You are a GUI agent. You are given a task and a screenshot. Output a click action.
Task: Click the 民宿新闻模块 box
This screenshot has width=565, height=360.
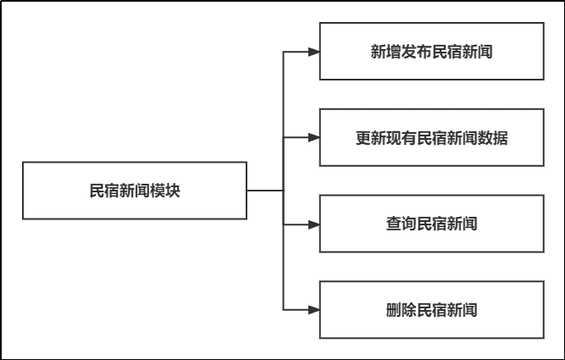tap(134, 191)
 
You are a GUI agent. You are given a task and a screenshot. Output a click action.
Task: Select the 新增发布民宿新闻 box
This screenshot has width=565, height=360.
tap(431, 52)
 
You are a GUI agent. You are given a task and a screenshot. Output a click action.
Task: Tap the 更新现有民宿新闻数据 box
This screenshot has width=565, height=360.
tap(431, 137)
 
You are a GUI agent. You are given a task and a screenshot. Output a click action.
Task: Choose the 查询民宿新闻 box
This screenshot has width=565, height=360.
tap(431, 224)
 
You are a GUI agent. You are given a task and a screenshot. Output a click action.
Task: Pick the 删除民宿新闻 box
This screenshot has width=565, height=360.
tap(431, 310)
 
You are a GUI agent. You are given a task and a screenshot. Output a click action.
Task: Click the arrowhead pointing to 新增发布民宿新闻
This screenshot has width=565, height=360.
tap(313, 52)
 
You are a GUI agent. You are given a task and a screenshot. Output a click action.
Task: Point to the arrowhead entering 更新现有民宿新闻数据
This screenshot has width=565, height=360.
tap(313, 137)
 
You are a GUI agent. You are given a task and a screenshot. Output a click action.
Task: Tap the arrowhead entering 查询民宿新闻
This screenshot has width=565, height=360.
tap(313, 224)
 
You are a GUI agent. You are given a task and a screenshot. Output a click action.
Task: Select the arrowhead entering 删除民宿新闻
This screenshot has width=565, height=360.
tap(313, 310)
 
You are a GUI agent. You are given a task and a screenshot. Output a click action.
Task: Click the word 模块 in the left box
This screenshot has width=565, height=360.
tap(165, 191)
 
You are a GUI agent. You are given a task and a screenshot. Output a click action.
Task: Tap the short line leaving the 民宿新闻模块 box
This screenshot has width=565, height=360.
tap(265, 191)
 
